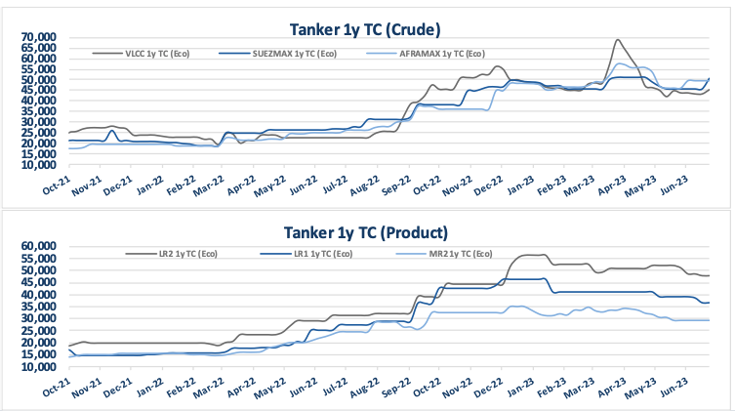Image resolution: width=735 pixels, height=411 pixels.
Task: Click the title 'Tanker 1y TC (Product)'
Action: tap(366, 232)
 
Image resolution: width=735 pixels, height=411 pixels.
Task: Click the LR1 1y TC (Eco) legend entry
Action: tap(303, 254)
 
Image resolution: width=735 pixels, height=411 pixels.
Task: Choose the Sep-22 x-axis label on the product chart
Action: tap(396, 388)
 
